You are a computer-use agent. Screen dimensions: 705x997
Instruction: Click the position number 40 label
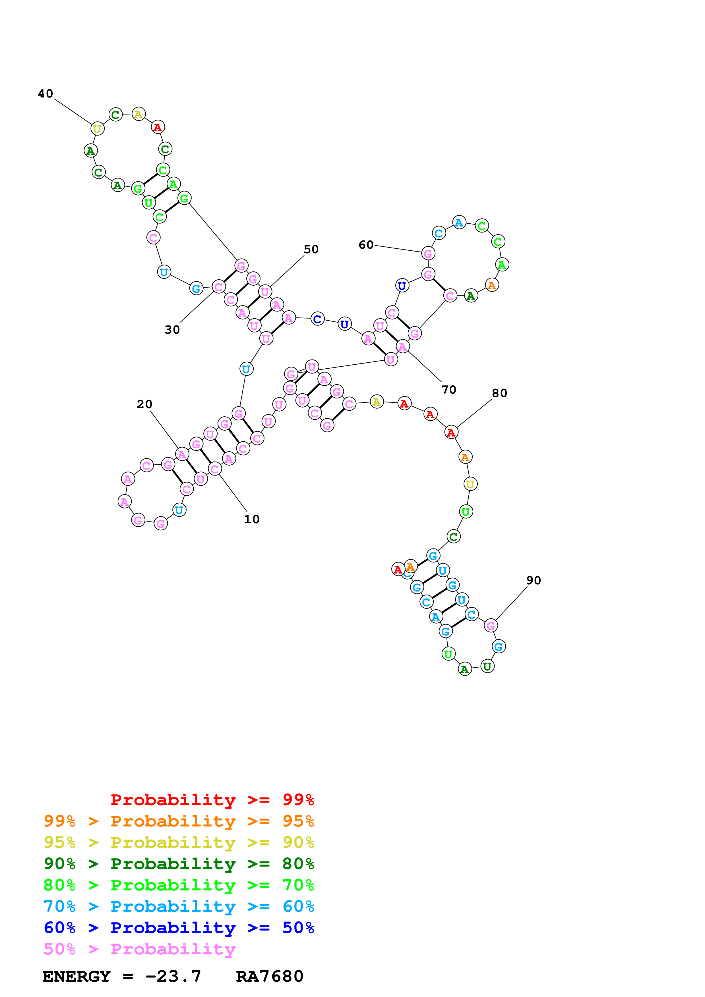[x=46, y=94]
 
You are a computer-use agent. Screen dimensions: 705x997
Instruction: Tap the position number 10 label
[x=251, y=519]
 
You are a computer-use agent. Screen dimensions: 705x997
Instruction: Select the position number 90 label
[x=534, y=581]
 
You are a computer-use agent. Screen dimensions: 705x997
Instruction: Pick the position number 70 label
[x=449, y=390]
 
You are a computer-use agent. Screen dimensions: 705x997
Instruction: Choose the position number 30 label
[x=172, y=330]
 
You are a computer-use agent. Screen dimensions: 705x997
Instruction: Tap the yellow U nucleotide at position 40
[x=97, y=129]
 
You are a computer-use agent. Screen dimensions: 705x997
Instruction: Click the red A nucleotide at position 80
[x=451, y=433]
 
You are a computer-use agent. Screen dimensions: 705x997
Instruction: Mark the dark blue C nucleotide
[x=318, y=319]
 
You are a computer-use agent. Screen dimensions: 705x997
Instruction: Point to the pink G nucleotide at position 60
[x=428, y=253]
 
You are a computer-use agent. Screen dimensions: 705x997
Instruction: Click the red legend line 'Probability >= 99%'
[x=212, y=800]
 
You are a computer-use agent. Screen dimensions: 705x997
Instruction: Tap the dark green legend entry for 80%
[x=179, y=864]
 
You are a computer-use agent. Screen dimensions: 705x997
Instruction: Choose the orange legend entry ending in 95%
[x=179, y=821]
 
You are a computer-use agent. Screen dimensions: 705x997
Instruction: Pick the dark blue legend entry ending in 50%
[x=179, y=928]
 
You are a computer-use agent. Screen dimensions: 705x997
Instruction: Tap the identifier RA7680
[x=269, y=977]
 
